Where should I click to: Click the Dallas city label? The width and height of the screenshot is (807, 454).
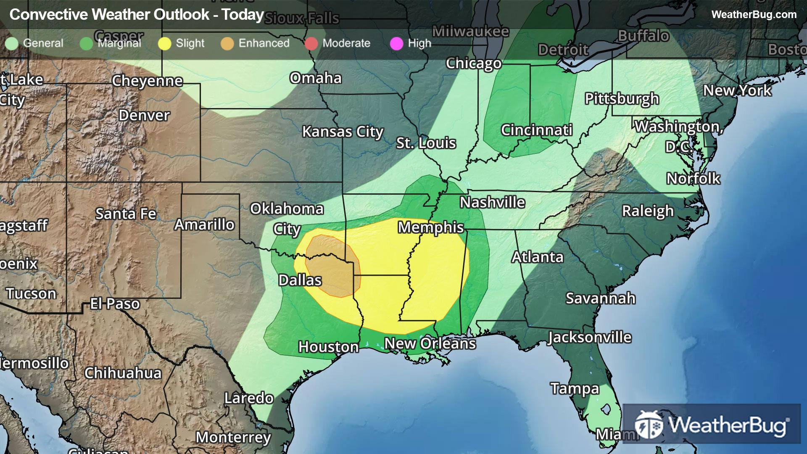[300, 280]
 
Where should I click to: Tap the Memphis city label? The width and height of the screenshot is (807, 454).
[430, 227]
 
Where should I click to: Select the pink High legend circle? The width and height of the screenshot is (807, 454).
[396, 43]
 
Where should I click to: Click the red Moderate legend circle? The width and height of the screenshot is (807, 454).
[311, 43]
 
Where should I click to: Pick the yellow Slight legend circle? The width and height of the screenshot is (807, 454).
[164, 43]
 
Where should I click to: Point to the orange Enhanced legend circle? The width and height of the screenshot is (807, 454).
[227, 43]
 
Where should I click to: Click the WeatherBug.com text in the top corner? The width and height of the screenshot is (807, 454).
[754, 15]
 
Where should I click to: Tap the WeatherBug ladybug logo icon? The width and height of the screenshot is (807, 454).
[649, 425]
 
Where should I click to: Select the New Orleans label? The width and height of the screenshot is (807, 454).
[430, 343]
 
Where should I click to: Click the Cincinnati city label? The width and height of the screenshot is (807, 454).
[536, 130]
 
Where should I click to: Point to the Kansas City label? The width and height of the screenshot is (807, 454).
[343, 132]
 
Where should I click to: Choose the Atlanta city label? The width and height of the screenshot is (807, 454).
[537, 257]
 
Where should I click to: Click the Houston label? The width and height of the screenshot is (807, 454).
[328, 347]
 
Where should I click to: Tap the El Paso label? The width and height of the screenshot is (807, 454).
[115, 304]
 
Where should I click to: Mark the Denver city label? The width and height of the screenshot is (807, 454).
[144, 115]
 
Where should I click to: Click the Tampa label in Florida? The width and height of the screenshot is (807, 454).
[575, 388]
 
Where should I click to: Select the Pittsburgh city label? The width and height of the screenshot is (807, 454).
[622, 99]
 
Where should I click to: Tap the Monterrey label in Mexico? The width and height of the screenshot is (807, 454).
[233, 438]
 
